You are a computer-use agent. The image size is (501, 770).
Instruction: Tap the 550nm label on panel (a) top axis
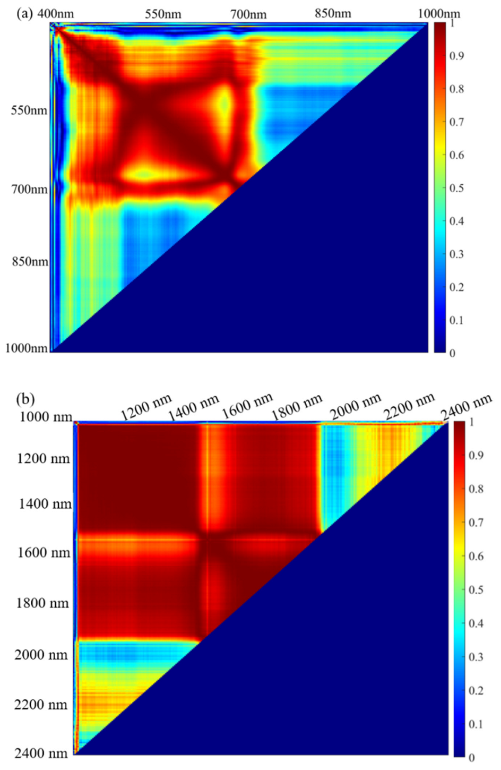[x=163, y=14]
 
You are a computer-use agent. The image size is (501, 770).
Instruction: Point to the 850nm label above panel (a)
[x=333, y=13]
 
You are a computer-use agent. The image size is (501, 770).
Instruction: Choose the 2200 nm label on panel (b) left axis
[x=42, y=705]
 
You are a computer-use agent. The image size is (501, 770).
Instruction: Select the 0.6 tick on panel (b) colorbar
[x=476, y=556]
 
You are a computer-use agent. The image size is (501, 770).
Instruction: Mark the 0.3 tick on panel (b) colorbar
[x=476, y=657]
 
